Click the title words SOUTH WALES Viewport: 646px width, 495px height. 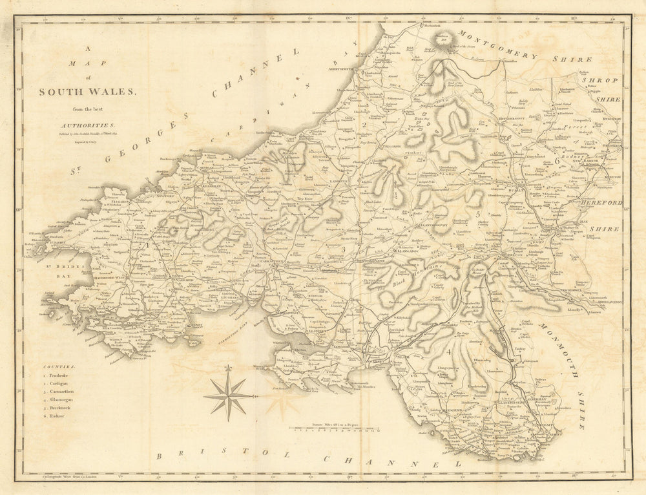pyautogui.click(x=88, y=92)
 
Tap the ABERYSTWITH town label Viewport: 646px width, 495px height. pyautogui.click(x=342, y=67)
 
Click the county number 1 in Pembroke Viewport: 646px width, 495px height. pyautogui.click(x=147, y=245)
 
